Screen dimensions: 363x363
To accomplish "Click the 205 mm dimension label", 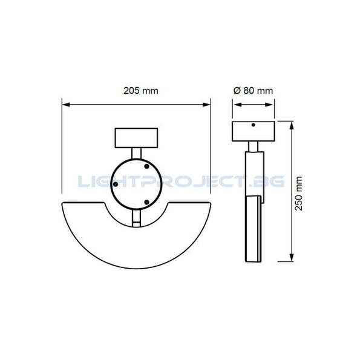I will pyautogui.click(x=140, y=90).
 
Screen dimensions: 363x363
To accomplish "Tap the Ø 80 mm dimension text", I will pyautogui.click(x=253, y=90).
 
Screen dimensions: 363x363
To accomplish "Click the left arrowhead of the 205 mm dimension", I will pyautogui.click(x=66, y=105).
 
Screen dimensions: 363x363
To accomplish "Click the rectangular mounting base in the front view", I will pyautogui.click(x=136, y=137).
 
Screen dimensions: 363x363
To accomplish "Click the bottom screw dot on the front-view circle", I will pyautogui.click(x=146, y=201).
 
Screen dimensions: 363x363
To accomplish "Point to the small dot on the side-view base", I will pyautogui.click(x=253, y=125).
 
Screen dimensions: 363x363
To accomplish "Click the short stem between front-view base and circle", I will pyautogui.click(x=136, y=151).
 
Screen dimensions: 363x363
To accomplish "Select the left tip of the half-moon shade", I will pyautogui.click(x=64, y=204).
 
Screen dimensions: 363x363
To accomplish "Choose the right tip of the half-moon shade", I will pyautogui.click(x=208, y=204).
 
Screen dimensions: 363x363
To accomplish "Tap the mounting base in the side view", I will pyautogui.click(x=253, y=131).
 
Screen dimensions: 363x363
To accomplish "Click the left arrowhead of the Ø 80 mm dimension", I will pyautogui.click(x=235, y=105).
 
